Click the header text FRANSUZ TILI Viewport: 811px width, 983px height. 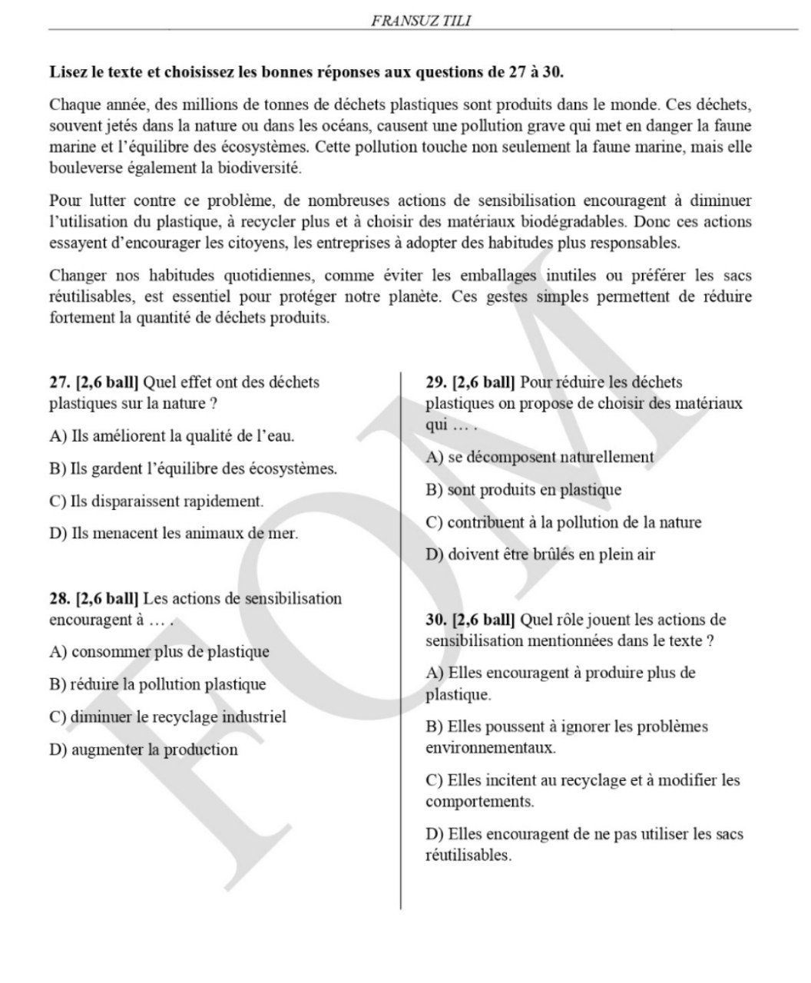click(x=421, y=22)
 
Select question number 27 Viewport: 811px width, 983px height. click(x=59, y=382)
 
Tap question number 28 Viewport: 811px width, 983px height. click(x=59, y=598)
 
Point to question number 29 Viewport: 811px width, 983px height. click(x=436, y=382)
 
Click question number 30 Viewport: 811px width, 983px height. click(x=436, y=620)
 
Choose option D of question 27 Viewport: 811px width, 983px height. click(x=173, y=533)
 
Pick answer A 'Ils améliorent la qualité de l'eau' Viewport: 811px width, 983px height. click(x=171, y=436)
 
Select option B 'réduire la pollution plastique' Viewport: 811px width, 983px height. click(x=157, y=684)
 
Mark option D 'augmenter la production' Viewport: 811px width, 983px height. click(x=143, y=750)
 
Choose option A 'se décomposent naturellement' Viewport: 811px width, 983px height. click(x=539, y=457)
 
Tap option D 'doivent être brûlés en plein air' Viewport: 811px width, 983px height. click(x=540, y=554)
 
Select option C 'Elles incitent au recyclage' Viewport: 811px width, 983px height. click(x=582, y=790)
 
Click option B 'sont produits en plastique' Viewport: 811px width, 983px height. click(x=523, y=490)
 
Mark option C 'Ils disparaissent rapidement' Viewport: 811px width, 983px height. click(x=156, y=501)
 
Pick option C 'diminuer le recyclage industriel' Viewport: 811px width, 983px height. click(x=167, y=717)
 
